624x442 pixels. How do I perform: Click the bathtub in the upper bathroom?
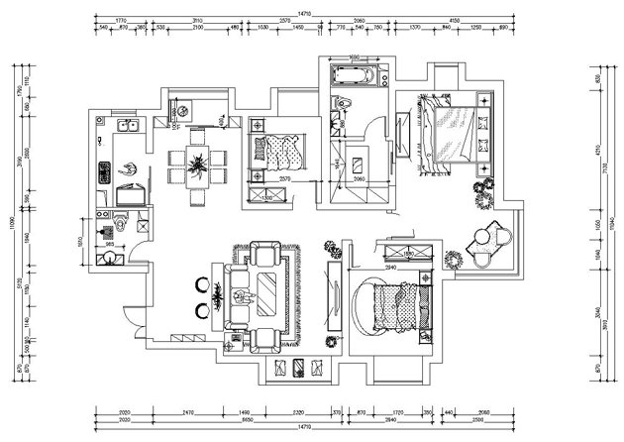point(353,75)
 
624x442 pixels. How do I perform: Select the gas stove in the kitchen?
point(102,171)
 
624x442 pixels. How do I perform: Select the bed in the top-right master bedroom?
point(452,134)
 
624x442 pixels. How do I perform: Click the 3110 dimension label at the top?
point(198,21)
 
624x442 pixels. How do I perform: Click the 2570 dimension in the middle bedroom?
point(283,178)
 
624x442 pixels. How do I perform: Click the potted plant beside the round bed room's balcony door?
point(455,259)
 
